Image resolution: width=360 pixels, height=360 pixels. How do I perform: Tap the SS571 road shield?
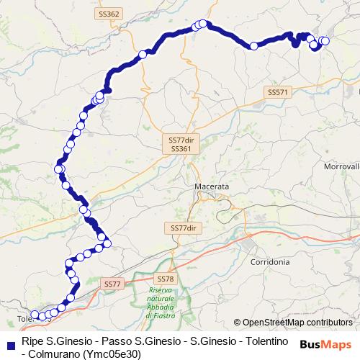(277, 92)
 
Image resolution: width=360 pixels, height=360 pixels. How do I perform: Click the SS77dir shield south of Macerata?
(184, 228)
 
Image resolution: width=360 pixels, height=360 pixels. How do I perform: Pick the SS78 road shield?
(165, 278)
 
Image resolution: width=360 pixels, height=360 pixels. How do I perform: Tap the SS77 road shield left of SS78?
(112, 284)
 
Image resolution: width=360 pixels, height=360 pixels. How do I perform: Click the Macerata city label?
(212, 186)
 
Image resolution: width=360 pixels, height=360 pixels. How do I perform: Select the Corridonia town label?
(270, 263)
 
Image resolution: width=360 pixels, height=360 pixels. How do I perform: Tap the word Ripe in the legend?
(33, 340)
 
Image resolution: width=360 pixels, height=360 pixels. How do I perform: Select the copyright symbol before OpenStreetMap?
(238, 323)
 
